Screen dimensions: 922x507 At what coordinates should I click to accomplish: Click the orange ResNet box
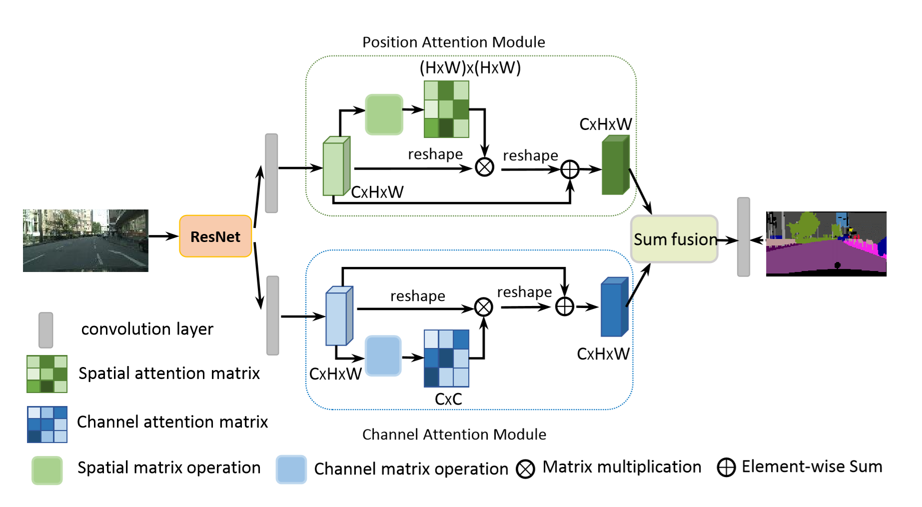click(x=215, y=236)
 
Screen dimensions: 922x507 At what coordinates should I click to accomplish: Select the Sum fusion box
click(x=675, y=239)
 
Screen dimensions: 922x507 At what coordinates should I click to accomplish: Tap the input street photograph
click(x=85, y=240)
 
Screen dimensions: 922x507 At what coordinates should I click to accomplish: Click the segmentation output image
click(x=826, y=243)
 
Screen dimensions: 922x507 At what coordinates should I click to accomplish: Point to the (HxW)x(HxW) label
click(x=470, y=67)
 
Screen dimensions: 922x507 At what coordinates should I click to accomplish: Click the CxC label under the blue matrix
click(x=448, y=399)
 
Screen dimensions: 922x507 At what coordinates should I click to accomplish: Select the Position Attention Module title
click(x=454, y=42)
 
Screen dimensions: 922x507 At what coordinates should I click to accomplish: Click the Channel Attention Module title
click(x=454, y=434)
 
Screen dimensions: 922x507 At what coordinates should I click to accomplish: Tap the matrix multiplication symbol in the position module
click(x=484, y=167)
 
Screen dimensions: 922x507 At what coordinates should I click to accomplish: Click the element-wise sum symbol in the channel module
click(x=565, y=306)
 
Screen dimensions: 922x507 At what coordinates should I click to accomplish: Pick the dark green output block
click(x=616, y=164)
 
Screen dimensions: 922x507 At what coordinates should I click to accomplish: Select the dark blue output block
click(x=614, y=306)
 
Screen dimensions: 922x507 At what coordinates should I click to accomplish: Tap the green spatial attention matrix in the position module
click(x=447, y=109)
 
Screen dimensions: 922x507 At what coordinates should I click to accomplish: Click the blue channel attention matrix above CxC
click(x=447, y=358)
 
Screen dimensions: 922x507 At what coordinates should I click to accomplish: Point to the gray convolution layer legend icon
click(x=46, y=330)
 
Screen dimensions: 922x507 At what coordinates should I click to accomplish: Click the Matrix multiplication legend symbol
click(x=525, y=469)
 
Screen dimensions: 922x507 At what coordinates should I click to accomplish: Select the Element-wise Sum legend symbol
click(x=726, y=467)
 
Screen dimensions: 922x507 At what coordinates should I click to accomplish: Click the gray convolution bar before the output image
click(x=744, y=236)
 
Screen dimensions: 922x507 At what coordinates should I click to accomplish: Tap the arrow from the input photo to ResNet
click(x=164, y=236)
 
